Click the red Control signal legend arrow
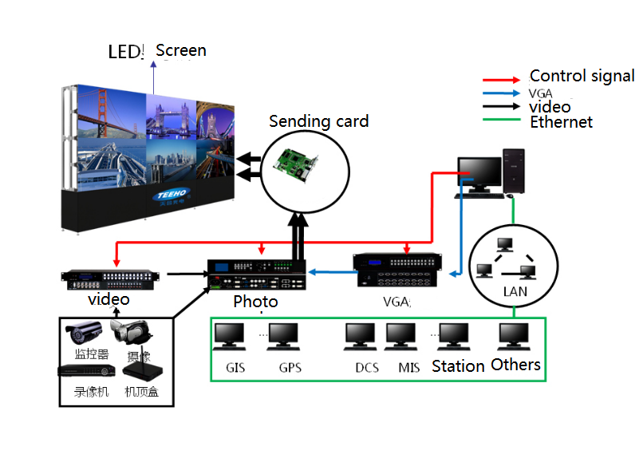tap(503, 80)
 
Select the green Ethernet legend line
tap(503, 121)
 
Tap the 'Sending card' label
tap(318, 121)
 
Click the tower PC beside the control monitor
tap(515, 172)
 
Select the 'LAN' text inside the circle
tap(515, 291)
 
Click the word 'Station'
tap(458, 366)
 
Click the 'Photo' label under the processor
tap(255, 302)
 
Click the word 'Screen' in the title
tap(181, 51)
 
